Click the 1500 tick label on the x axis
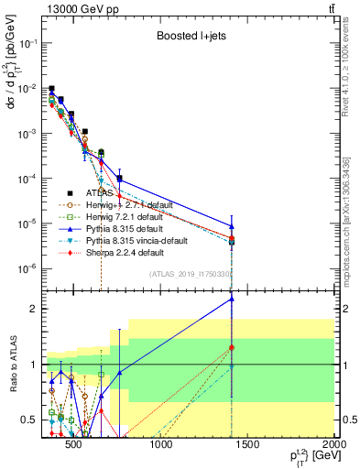[x=247, y=446]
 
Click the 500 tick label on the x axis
[x=75, y=446]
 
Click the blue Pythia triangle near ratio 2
[x=233, y=299]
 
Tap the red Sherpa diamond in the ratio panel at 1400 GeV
[x=233, y=348]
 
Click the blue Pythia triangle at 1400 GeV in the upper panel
[x=233, y=226]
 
